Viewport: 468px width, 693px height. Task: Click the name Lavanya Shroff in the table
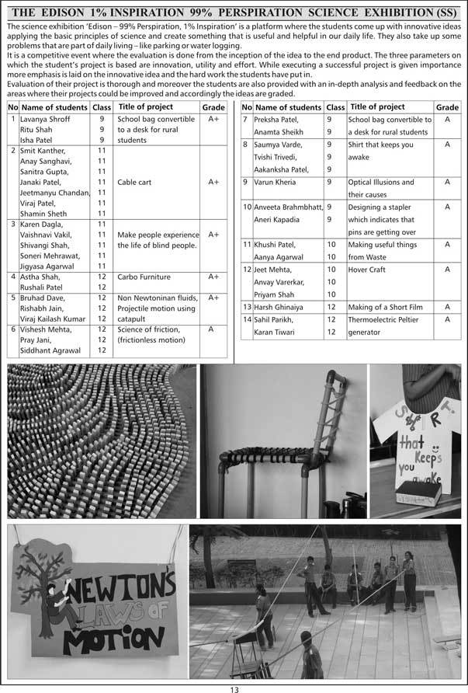pyautogui.click(x=45, y=120)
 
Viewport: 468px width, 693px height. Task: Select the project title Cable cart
pyautogui.click(x=134, y=183)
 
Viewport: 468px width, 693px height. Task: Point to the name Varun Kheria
pyautogui.click(x=275, y=182)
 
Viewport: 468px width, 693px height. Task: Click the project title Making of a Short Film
pyautogui.click(x=388, y=308)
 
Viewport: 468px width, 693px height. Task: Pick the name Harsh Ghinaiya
pyautogui.click(x=279, y=308)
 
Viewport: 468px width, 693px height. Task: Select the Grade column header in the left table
pyautogui.click(x=213, y=107)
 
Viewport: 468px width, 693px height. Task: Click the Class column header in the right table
pyautogui.click(x=335, y=107)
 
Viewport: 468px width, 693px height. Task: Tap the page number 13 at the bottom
pyautogui.click(x=234, y=688)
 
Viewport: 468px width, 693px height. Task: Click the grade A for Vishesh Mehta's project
pyautogui.click(x=211, y=329)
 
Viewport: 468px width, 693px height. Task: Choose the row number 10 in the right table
pyautogui.click(x=247, y=207)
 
